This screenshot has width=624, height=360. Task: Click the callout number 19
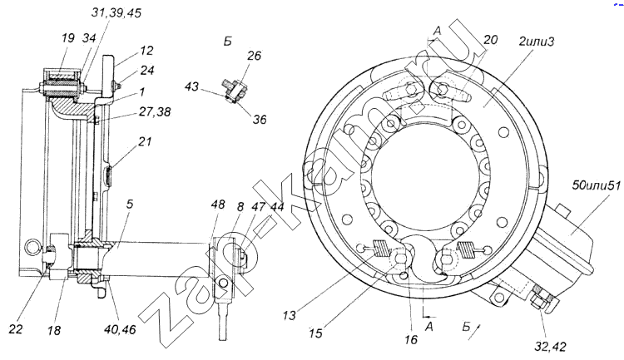click(68, 37)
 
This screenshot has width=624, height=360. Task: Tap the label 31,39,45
click(116, 13)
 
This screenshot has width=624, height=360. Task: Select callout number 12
click(146, 51)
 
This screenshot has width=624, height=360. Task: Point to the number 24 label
click(147, 70)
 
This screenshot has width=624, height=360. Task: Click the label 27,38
click(155, 111)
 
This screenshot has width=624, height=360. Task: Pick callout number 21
click(145, 141)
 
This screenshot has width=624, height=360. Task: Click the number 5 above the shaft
click(130, 204)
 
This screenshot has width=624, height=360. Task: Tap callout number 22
click(16, 329)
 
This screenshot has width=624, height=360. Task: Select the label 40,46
click(120, 329)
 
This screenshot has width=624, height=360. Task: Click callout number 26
click(254, 56)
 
